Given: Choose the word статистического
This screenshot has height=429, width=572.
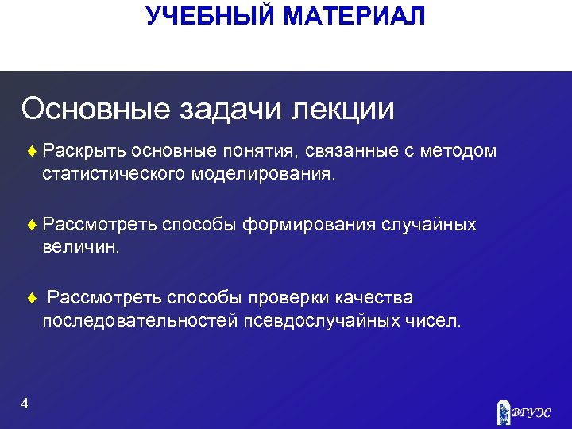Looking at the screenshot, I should (x=114, y=173).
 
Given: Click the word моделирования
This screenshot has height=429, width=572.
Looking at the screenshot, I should (x=264, y=173).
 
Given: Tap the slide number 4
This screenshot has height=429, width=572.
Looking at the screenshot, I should (x=25, y=404).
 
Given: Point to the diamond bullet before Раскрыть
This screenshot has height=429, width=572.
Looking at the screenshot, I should (x=32, y=151).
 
